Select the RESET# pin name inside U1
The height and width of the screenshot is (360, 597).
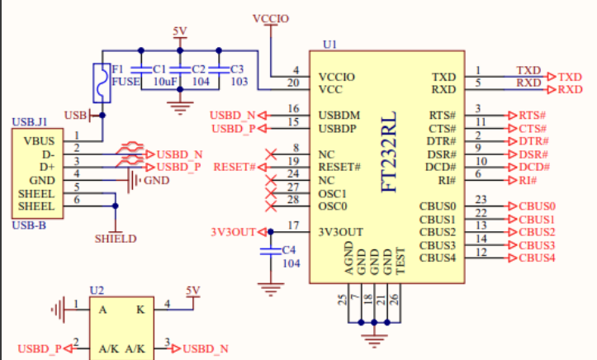(x=339, y=168)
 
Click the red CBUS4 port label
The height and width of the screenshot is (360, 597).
(x=537, y=258)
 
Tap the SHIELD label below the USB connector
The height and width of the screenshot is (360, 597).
(x=116, y=239)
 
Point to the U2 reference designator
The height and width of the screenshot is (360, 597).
(x=97, y=291)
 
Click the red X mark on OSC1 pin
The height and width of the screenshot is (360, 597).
(x=269, y=192)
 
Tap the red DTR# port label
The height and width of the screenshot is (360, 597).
(x=533, y=141)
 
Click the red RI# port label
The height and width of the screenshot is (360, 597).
(x=528, y=180)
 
